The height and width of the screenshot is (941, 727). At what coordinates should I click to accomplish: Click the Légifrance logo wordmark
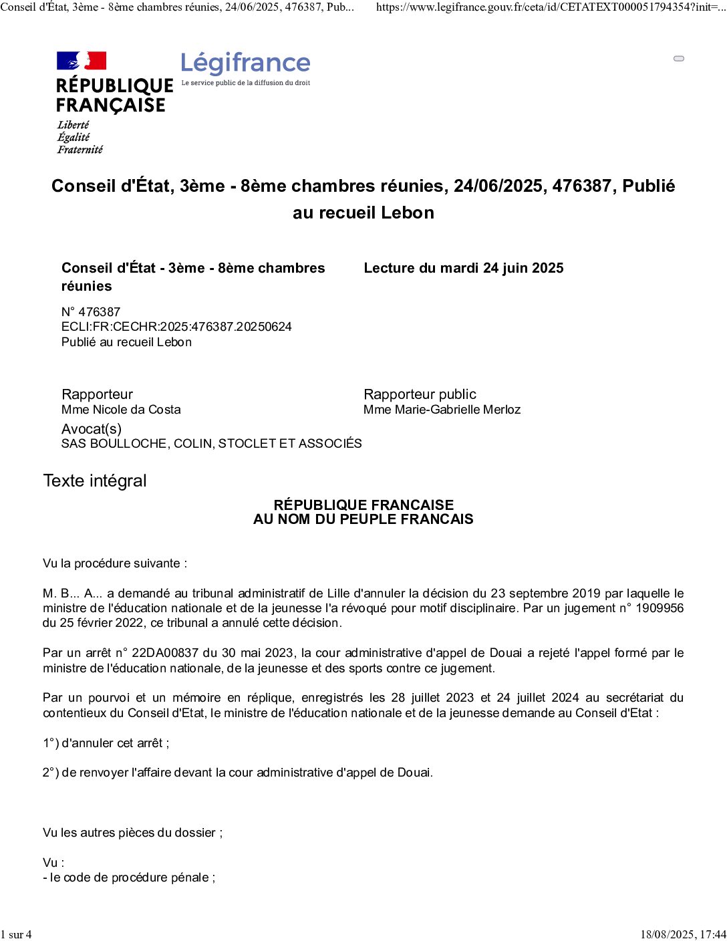click(x=245, y=63)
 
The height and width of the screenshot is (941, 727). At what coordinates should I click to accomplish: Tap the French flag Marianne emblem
click(x=82, y=61)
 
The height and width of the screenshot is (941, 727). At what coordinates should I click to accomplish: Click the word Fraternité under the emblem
click(x=80, y=150)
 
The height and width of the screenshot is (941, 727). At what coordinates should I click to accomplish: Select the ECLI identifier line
click(x=176, y=327)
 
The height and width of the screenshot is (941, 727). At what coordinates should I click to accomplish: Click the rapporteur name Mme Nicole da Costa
click(x=121, y=410)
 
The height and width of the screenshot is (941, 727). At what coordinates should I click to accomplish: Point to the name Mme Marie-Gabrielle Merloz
click(x=442, y=410)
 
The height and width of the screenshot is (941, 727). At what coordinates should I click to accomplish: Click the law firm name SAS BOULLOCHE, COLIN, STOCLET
click(x=211, y=444)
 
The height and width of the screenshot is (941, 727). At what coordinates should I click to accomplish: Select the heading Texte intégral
click(x=94, y=481)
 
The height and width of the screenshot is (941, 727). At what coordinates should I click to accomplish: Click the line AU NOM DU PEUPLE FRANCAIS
click(x=363, y=519)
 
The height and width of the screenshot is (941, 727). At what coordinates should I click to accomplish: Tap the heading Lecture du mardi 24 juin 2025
click(x=463, y=268)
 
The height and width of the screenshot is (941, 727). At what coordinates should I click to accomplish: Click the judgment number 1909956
click(x=659, y=608)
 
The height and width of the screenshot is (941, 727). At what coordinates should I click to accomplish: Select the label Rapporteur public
click(x=420, y=394)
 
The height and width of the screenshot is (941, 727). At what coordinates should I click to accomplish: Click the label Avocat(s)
click(x=92, y=429)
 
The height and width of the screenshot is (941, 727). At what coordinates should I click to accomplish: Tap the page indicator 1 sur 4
click(x=16, y=934)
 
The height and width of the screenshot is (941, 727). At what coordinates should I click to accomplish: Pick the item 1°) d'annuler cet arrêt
click(x=106, y=743)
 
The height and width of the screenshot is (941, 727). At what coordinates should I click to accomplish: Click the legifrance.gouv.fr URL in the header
click(x=550, y=7)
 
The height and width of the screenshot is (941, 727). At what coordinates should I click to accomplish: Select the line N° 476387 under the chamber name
click(x=91, y=312)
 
